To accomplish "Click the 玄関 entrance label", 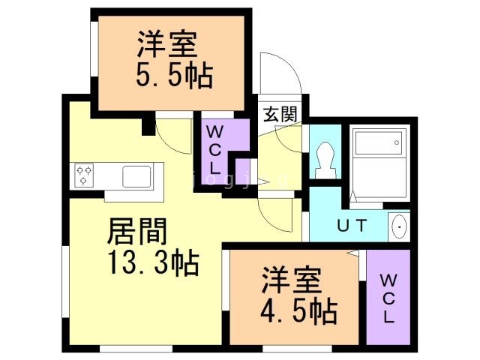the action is coord(280,114).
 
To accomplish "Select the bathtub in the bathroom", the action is coord(378,142).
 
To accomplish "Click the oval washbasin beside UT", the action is coord(400,226).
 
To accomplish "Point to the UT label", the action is coord(352,226).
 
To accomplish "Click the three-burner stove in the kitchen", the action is coord(84,175).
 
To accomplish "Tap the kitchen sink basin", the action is coord(136,176).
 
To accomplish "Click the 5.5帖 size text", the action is coord(174,76).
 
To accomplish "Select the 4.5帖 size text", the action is coord(298,312).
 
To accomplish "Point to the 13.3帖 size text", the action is coord(153,262).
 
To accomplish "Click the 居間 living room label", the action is coord(137,231).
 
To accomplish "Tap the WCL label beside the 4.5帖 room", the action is coord(388,298).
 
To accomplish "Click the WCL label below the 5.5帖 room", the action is coord(215,150).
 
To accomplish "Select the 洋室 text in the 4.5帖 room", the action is coord(292,280).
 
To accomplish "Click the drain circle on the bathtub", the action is coord(397,142).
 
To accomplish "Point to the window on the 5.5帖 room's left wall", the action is coord(94,49).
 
